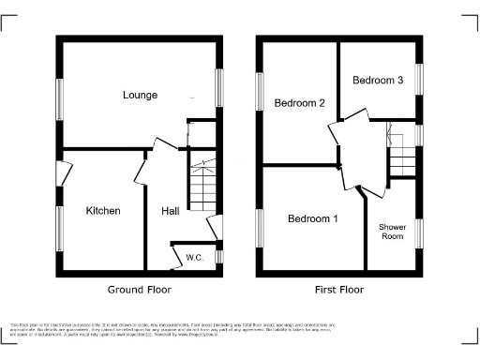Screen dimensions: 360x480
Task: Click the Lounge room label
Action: [139, 95]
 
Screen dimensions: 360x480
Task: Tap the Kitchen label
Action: [103, 211]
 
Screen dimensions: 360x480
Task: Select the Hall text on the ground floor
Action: [170, 211]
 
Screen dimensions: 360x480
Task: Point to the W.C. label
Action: [195, 257]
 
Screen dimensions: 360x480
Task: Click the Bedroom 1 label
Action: [312, 219]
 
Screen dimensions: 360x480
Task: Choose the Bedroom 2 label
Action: [299, 103]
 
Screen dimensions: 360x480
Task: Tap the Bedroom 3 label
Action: [378, 81]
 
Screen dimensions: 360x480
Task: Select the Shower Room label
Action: [392, 232]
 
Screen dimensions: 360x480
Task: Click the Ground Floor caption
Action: [139, 290]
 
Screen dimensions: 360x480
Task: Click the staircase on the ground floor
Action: [203, 185]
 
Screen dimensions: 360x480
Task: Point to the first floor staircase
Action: [402, 156]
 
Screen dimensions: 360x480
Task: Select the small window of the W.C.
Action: [220, 255]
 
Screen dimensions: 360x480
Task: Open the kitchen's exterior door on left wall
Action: [63, 174]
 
